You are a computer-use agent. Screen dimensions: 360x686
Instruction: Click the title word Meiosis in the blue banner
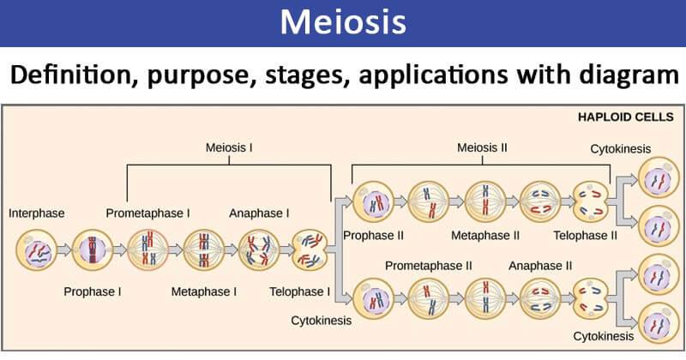click(x=343, y=22)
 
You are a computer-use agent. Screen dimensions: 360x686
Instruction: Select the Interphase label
click(x=37, y=212)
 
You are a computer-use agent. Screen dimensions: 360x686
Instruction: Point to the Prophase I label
click(x=93, y=291)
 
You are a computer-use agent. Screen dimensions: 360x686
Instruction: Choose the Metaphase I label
click(x=204, y=291)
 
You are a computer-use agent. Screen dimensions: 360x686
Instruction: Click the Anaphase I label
click(x=259, y=212)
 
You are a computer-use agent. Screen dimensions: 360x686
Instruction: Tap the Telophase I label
click(x=298, y=291)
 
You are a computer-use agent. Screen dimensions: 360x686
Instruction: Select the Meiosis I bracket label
click(x=228, y=147)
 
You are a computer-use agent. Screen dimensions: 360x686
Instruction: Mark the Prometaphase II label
click(x=429, y=266)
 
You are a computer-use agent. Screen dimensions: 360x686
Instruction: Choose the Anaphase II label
click(x=540, y=266)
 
